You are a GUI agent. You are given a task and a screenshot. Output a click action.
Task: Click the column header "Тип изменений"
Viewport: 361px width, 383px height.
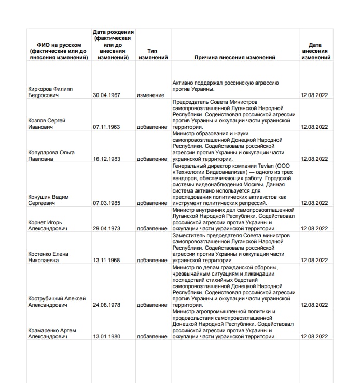pyautogui.click(x=152, y=54)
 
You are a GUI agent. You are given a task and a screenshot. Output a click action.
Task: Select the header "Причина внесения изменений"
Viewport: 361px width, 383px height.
pyautogui.click(x=234, y=58)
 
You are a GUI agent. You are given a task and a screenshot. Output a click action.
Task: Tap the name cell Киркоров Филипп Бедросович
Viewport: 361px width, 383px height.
pyautogui.click(x=50, y=92)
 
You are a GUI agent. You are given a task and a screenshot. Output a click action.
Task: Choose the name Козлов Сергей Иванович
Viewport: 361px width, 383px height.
pyautogui.click(x=47, y=124)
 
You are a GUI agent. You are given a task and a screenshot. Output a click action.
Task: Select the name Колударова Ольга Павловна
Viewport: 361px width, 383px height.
pyautogui.click(x=51, y=156)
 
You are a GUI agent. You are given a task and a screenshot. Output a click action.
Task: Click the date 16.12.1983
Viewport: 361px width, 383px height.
pyautogui.click(x=106, y=159)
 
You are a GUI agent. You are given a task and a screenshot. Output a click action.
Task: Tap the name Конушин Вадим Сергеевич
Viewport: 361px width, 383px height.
pyautogui.click(x=49, y=200)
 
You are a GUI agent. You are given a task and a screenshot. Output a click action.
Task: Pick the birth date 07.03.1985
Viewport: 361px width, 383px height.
pyautogui.click(x=106, y=203)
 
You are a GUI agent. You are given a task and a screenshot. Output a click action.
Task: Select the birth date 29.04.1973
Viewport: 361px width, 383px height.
pyautogui.click(x=106, y=229)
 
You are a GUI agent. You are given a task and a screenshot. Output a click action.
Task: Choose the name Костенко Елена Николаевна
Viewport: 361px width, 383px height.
pyautogui.click(x=48, y=257)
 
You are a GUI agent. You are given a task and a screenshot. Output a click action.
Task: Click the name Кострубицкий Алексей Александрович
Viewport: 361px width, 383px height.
pyautogui.click(x=57, y=302)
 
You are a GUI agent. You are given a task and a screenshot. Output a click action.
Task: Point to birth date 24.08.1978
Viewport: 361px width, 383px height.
pyautogui.click(x=106, y=305)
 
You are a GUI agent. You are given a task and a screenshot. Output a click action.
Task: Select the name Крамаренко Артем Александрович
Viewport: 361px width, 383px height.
pyautogui.click(x=52, y=333)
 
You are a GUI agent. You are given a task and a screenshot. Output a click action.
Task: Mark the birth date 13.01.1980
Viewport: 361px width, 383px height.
pyautogui.click(x=106, y=337)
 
